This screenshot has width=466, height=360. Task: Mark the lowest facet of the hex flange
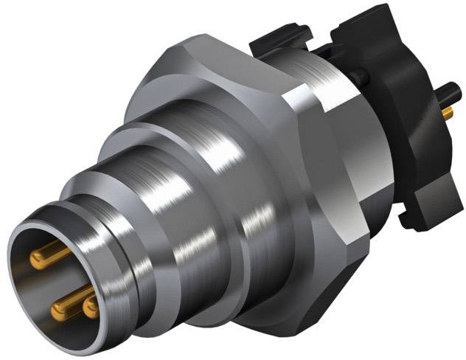[295, 325]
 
